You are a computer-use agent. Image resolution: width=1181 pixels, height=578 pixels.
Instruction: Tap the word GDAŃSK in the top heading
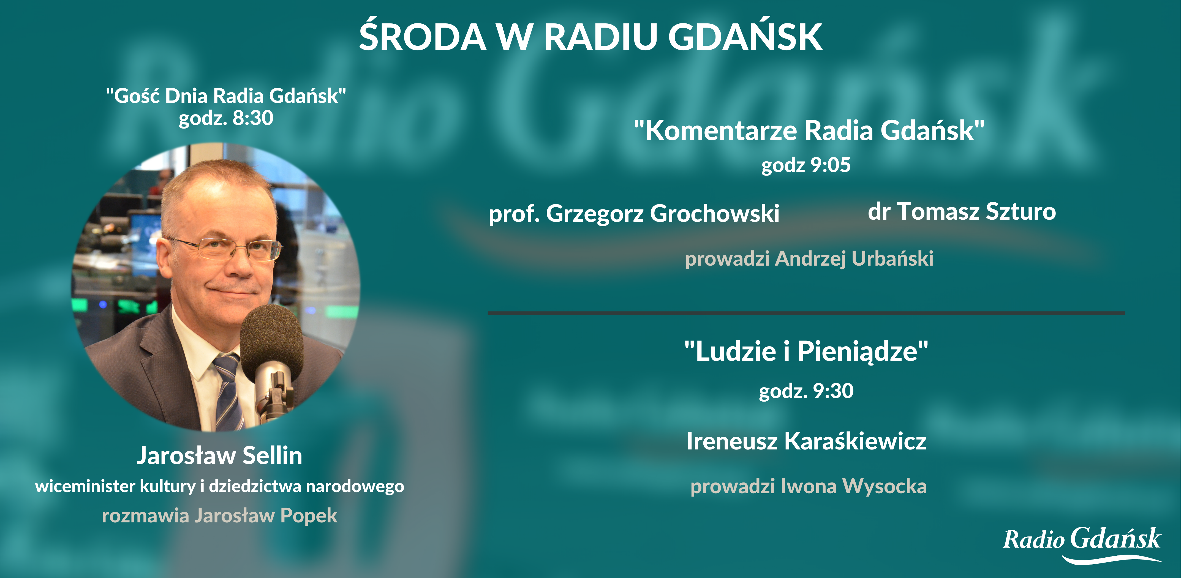(745, 37)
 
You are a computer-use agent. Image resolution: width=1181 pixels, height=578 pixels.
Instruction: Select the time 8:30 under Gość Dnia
(253, 118)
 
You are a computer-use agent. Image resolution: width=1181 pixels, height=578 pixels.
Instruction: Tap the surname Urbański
(892, 258)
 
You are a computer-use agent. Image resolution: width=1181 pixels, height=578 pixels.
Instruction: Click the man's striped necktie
(228, 390)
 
